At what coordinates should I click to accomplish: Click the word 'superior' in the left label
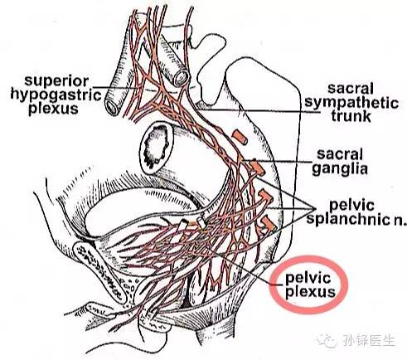(x=56, y=81)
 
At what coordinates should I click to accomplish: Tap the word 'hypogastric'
(x=56, y=95)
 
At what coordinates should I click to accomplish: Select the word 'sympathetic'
(x=351, y=103)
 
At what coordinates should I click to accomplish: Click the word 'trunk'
(x=351, y=115)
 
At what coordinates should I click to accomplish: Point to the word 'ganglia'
(x=340, y=168)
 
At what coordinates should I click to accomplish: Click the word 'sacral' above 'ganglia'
(x=340, y=154)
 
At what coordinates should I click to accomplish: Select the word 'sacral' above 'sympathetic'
(x=351, y=89)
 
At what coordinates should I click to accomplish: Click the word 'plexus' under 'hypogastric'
(x=54, y=109)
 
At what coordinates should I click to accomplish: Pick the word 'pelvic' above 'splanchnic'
(x=351, y=205)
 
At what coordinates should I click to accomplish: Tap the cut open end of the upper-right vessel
(x=181, y=78)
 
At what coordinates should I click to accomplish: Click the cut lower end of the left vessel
(x=113, y=106)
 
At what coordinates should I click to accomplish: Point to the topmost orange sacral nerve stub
(x=240, y=138)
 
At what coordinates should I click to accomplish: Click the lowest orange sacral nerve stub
(x=268, y=223)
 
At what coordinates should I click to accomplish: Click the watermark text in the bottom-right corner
(x=369, y=340)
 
